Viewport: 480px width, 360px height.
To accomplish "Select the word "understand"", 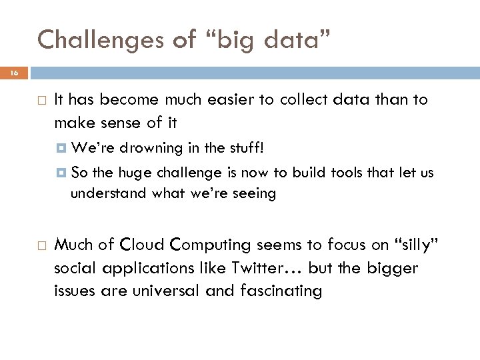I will click(101, 194).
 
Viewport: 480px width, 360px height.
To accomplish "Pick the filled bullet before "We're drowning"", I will click(62, 147).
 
